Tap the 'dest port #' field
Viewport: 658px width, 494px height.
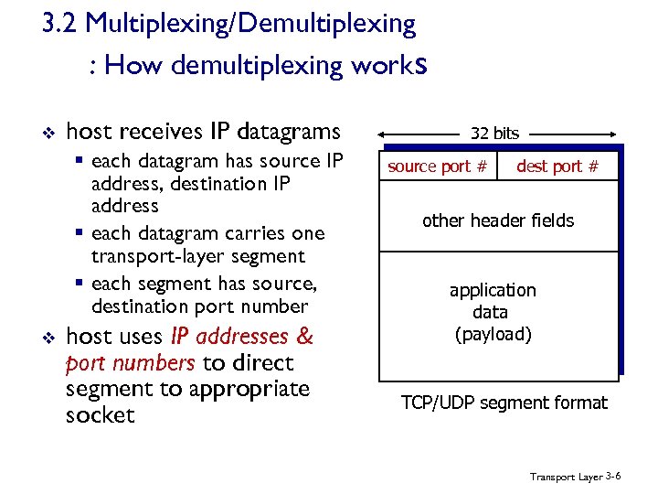557,166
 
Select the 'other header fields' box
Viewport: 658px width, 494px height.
498,220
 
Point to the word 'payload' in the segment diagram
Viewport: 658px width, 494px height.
493,334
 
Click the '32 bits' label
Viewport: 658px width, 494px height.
494,134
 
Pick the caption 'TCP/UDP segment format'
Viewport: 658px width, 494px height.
504,403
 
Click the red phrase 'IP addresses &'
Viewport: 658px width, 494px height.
241,337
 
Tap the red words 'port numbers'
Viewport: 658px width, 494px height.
130,363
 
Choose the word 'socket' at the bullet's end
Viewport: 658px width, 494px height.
101,415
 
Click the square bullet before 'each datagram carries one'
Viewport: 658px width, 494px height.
80,234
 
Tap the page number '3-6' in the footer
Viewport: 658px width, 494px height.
613,477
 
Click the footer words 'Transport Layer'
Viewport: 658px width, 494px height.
566,478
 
